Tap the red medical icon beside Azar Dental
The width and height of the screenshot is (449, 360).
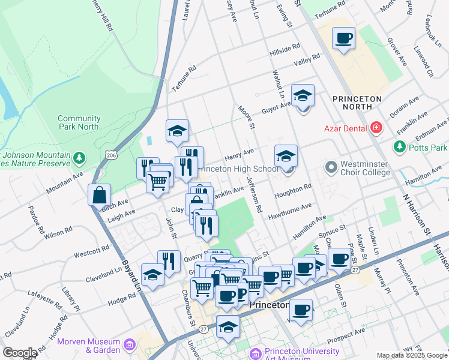pyautogui.click(x=376, y=127)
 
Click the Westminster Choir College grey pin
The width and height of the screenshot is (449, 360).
pyautogui.click(x=331, y=166)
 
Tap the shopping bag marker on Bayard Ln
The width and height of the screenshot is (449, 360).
pyautogui.click(x=99, y=195)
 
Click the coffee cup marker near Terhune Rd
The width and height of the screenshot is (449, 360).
pyautogui.click(x=344, y=39)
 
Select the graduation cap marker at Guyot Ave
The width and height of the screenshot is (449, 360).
pyautogui.click(x=303, y=95)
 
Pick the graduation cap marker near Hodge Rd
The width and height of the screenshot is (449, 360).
pyautogui.click(x=152, y=275)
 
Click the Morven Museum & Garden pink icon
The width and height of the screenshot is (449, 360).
pyautogui.click(x=129, y=345)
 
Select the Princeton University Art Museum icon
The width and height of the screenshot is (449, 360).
pyautogui.click(x=256, y=354)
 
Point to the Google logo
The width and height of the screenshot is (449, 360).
pyautogui.click(x=20, y=352)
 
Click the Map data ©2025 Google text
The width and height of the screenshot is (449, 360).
pyautogui.click(x=411, y=355)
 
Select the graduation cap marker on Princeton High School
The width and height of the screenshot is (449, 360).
pyautogui.click(x=286, y=156)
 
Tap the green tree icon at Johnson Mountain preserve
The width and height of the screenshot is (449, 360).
pyautogui.click(x=79, y=159)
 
